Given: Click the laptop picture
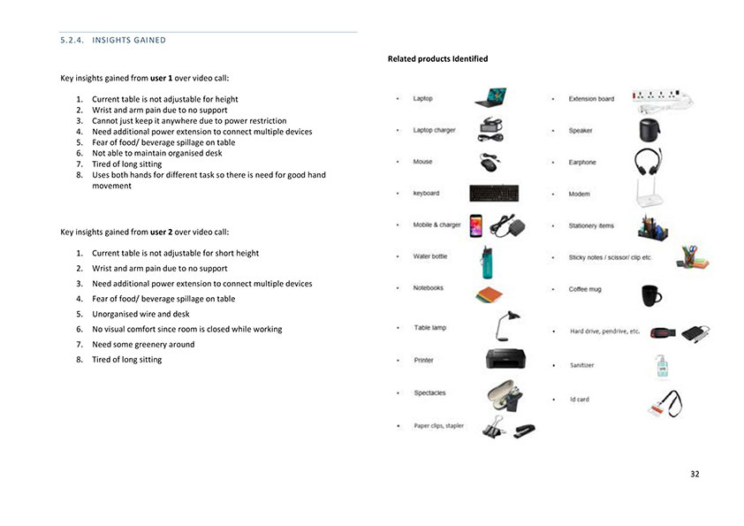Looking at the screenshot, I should (x=490, y=96).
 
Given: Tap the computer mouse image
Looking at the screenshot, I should (x=490, y=163).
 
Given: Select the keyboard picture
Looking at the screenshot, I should (x=494, y=193).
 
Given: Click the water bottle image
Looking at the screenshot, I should (x=485, y=257).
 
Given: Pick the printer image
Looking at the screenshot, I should (x=507, y=360).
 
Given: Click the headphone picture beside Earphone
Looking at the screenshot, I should (x=649, y=163).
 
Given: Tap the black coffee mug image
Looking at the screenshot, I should (x=651, y=293).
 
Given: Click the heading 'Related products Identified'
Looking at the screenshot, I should (x=437, y=59).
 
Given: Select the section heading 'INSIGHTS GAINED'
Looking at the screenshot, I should (x=112, y=41).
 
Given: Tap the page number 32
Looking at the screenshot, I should (x=695, y=474).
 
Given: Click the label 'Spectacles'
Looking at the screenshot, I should (x=429, y=393).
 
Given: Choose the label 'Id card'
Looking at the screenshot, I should (x=579, y=400).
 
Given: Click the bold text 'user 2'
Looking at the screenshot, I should (x=162, y=232).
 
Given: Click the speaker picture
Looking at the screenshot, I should (x=649, y=130).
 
